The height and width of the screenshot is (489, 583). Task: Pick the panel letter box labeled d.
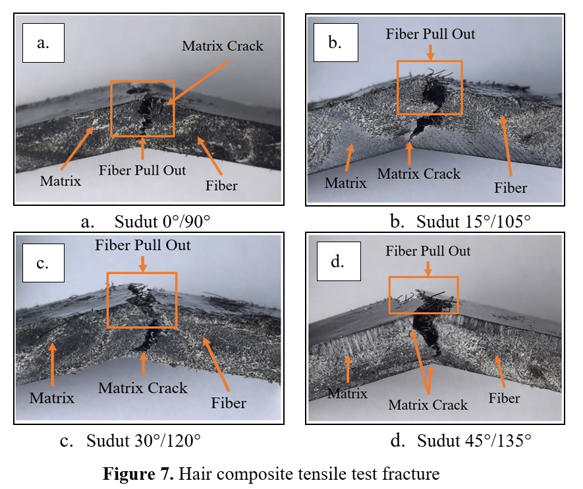point(337,263)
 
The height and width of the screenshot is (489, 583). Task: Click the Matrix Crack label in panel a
point(222,46)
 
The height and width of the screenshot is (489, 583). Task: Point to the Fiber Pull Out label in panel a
point(142,170)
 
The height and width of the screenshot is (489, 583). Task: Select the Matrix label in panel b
point(345,182)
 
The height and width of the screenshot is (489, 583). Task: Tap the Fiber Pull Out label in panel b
point(431,33)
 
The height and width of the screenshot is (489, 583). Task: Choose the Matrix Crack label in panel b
point(418,174)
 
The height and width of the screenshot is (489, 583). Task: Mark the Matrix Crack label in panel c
point(143,388)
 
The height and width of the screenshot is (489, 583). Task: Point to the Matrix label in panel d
point(347,394)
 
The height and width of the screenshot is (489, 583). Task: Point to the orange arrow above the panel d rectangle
point(428,269)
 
